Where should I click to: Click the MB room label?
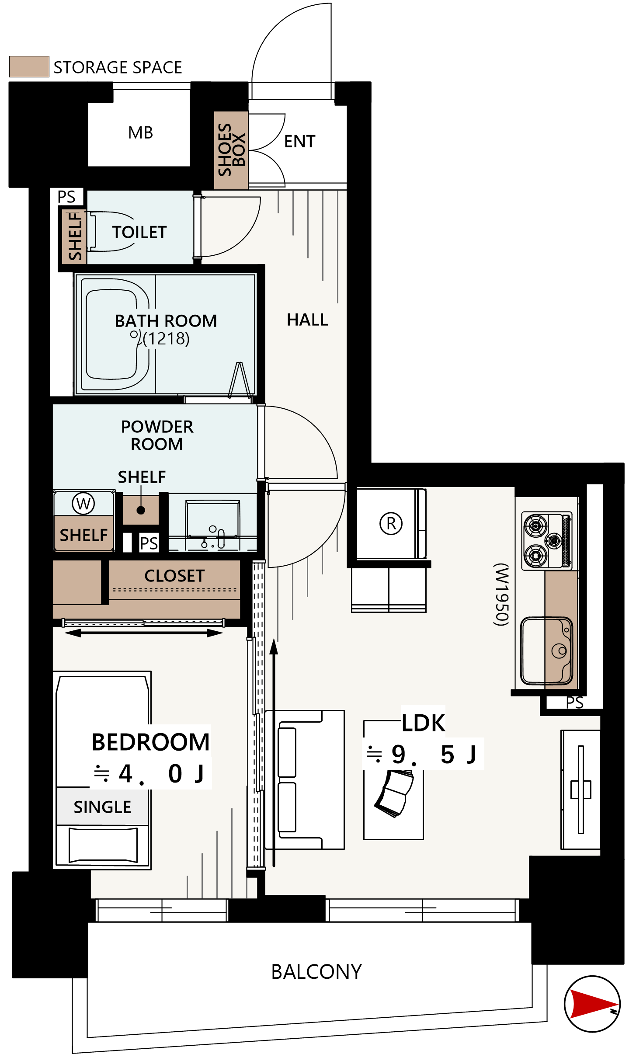[x=140, y=132]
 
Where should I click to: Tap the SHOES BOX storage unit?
[x=231, y=150]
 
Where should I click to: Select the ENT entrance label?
[x=299, y=141]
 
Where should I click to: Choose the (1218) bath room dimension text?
[x=166, y=338]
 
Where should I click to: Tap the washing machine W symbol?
[x=83, y=504]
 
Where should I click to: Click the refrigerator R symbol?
[x=391, y=523]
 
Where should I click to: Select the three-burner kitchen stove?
[x=548, y=541]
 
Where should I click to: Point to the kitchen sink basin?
[x=546, y=651]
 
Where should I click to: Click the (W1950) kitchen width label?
[x=501, y=594]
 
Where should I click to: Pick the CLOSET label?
[x=174, y=576]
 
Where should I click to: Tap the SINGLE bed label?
[x=102, y=807]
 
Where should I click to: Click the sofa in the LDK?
[x=305, y=779]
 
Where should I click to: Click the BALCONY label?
[x=316, y=972]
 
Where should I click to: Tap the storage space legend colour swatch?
[x=29, y=66]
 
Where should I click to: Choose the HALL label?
[x=307, y=320]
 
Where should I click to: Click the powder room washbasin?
[x=213, y=525]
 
